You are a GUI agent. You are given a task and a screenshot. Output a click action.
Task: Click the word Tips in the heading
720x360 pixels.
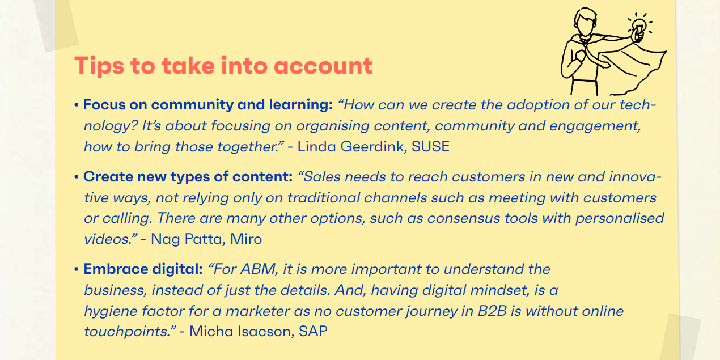tap(99, 66)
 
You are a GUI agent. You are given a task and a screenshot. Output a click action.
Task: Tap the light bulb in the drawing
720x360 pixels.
tap(639, 26)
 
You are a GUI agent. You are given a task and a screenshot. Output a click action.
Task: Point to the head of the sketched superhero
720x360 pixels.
tap(585, 22)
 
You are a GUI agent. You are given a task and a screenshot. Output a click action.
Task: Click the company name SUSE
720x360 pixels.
tap(430, 147)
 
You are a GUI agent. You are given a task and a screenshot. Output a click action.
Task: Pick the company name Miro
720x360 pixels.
tap(246, 239)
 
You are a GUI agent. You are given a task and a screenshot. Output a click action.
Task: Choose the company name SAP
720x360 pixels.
tap(313, 332)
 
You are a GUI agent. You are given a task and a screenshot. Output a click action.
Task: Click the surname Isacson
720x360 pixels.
tap(266, 332)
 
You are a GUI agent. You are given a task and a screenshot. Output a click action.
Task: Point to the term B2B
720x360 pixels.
tap(493, 311)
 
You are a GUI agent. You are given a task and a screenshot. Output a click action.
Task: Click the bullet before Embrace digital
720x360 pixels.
tap(76, 269)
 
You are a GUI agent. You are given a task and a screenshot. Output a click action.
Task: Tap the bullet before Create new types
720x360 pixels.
tap(76, 177)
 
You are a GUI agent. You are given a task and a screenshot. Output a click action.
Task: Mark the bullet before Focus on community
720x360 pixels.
tap(76, 105)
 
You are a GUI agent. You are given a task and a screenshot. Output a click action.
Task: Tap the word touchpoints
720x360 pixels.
tap(128, 332)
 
